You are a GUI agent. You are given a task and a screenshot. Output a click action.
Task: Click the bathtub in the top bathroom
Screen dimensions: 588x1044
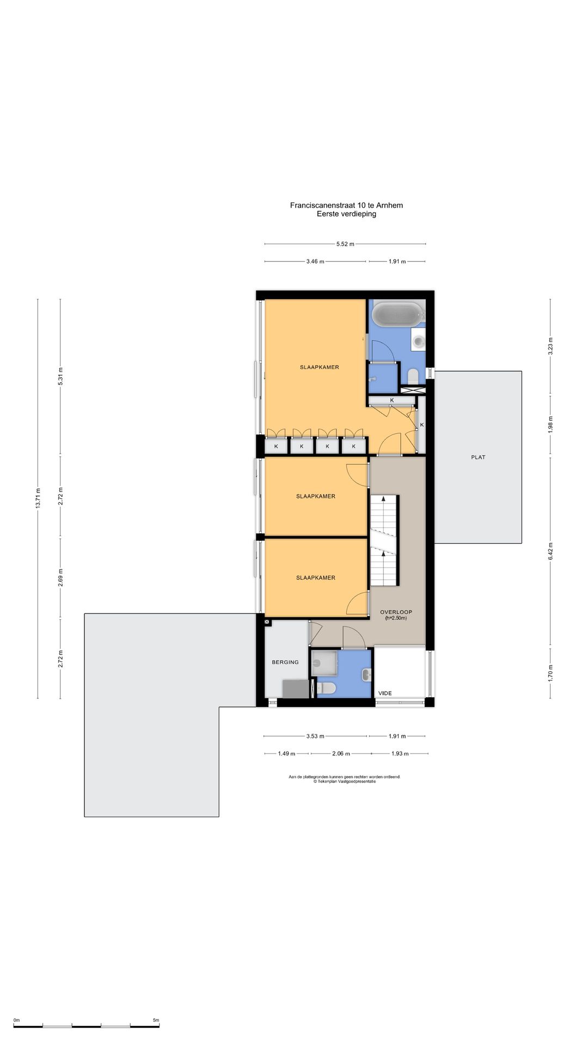(x=397, y=314)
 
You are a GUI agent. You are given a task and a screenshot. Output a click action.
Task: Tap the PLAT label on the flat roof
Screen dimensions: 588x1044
(x=478, y=457)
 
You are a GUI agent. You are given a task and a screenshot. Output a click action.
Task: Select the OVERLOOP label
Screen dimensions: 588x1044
(x=396, y=612)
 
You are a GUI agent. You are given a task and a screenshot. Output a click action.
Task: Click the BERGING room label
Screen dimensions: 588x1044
(x=285, y=662)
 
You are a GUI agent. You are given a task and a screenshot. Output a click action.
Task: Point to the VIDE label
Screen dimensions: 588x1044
(x=385, y=693)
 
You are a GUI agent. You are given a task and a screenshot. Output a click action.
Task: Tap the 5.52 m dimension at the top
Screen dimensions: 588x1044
(x=345, y=244)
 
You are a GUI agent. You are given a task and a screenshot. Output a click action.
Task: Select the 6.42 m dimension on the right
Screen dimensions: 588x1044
(x=550, y=551)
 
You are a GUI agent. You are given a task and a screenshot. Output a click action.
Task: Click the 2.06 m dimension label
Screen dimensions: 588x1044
(x=341, y=754)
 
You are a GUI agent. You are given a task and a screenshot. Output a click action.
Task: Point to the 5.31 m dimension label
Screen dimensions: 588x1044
(x=60, y=377)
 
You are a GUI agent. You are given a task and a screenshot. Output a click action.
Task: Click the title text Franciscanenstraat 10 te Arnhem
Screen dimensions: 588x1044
(x=346, y=206)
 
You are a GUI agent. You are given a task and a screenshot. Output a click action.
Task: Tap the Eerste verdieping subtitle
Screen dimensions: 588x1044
(x=346, y=214)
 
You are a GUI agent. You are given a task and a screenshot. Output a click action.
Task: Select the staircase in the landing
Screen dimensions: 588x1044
(x=385, y=540)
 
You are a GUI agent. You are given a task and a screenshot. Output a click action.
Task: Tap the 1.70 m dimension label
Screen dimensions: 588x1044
(x=550, y=674)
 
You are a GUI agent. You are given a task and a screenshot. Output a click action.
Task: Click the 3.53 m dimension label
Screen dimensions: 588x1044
(x=315, y=736)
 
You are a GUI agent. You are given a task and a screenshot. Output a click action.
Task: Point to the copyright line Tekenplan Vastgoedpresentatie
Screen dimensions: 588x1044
(x=344, y=781)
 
